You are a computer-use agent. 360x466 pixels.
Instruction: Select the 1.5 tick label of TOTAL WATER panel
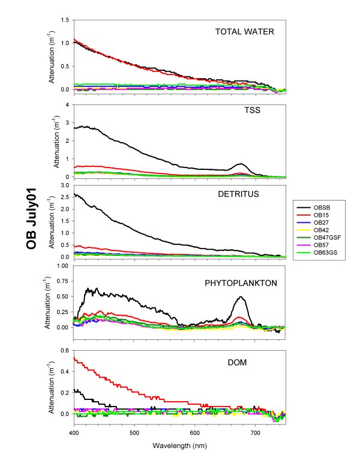(64, 20)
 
